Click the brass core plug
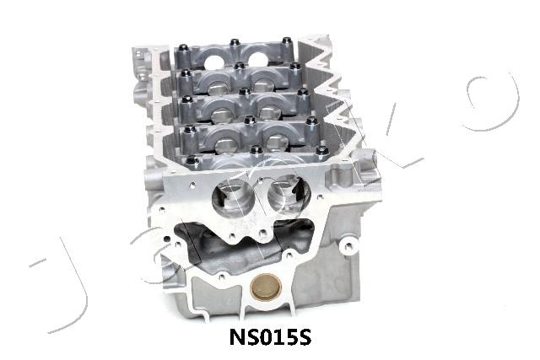click(x=266, y=287)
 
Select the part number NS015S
click(x=270, y=337)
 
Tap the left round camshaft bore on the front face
click(x=234, y=199)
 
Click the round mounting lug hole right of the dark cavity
click(x=348, y=245)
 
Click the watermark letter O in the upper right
click(x=493, y=102)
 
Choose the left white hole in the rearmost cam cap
click(x=214, y=62)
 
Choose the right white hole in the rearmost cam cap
click(x=257, y=59)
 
